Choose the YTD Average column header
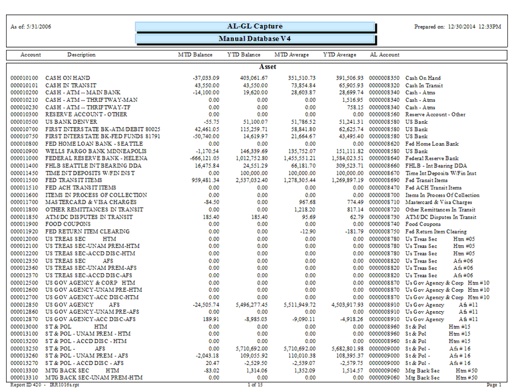tap(339, 55)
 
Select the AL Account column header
tap(385, 55)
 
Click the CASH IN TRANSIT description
tap(67, 86)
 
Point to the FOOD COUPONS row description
tap(66, 224)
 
